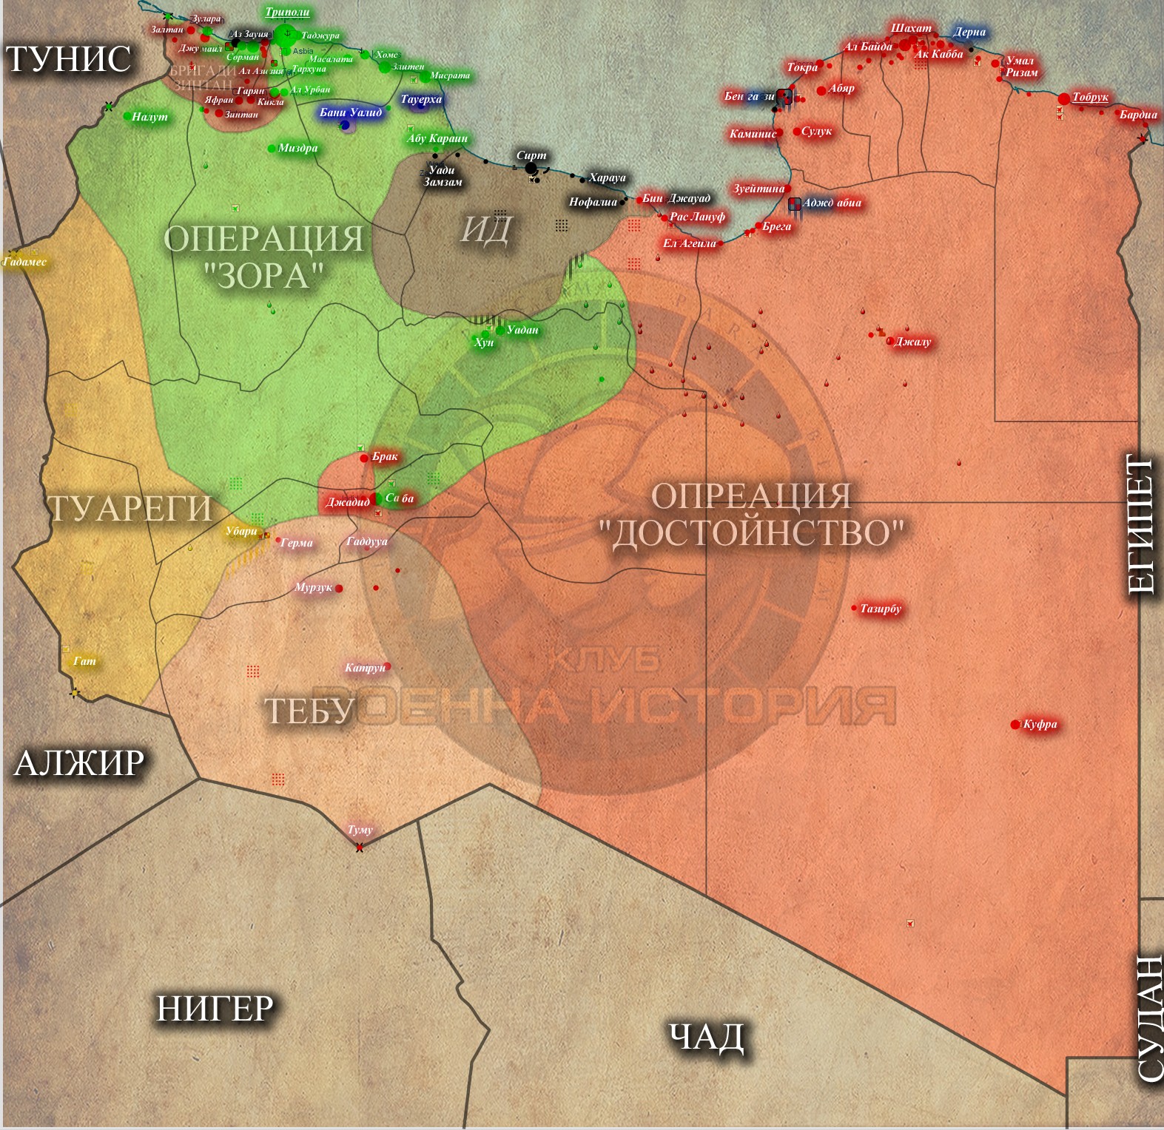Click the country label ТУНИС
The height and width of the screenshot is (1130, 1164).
tap(69, 59)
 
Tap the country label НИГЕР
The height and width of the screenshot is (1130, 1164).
tap(215, 1009)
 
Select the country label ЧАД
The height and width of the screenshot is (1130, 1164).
tap(706, 1037)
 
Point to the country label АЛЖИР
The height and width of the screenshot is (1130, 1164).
tap(79, 763)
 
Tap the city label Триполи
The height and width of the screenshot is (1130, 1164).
tap(287, 13)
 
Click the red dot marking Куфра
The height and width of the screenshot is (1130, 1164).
tap(1015, 725)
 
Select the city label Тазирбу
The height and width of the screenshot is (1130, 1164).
tap(881, 609)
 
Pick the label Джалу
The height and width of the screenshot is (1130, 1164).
tap(912, 342)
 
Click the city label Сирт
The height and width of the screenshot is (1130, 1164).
tap(531, 155)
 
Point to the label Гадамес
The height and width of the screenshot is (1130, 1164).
tap(24, 262)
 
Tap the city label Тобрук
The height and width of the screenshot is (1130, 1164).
tap(1090, 97)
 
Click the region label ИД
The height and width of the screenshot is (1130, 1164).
tap(485, 229)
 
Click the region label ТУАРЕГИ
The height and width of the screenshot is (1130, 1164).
tap(130, 509)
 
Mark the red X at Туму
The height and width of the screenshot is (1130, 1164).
tap(360, 847)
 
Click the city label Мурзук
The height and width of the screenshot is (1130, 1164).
tap(313, 587)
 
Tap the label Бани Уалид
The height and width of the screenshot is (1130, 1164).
tap(351, 112)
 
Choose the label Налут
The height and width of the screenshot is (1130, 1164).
tap(149, 117)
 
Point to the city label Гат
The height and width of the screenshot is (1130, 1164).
tap(84, 661)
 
